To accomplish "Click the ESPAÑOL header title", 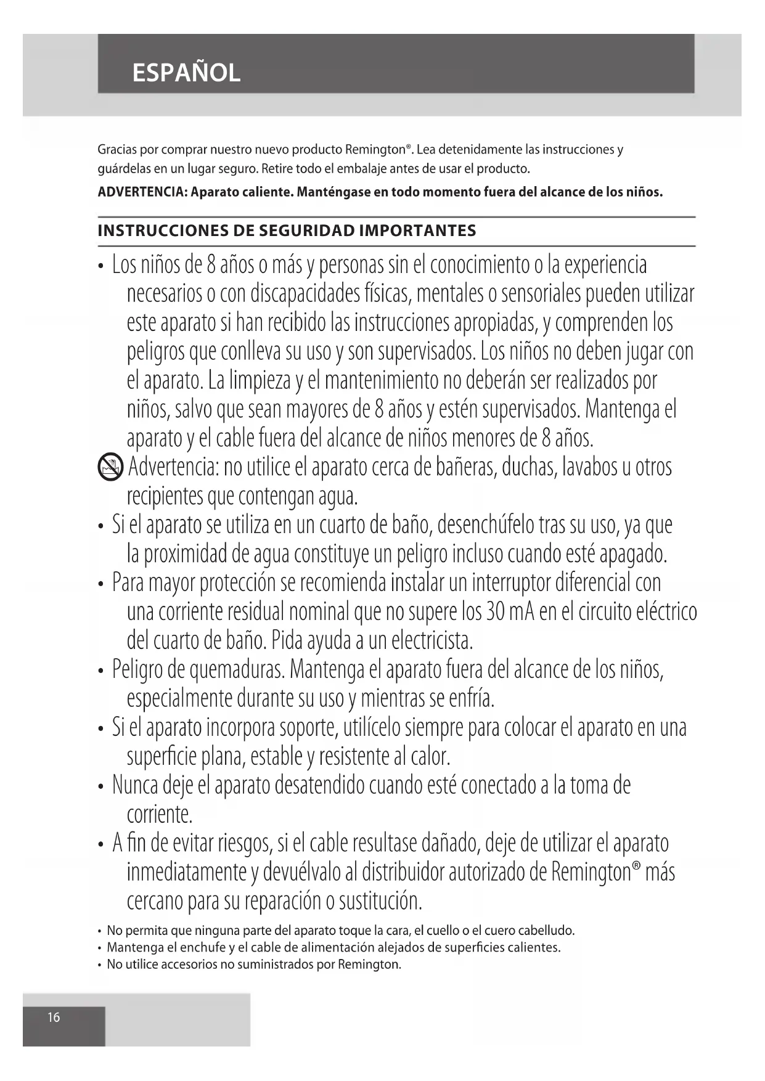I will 186,73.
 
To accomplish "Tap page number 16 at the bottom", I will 54,1018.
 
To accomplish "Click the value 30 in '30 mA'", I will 496,611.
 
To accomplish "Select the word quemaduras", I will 237,669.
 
